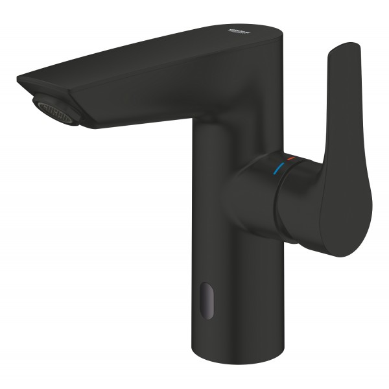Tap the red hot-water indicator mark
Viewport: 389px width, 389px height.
tap(291, 158)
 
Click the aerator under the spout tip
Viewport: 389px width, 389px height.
tap(57, 108)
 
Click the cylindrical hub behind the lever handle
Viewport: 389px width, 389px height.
tap(250, 198)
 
